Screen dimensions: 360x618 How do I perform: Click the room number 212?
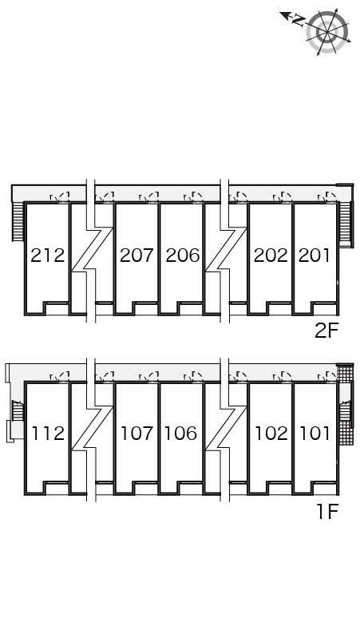[x=48, y=256]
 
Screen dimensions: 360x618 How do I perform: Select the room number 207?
[x=136, y=256]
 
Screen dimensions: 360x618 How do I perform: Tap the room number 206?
[x=182, y=256]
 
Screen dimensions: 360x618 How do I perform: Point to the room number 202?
[x=271, y=256]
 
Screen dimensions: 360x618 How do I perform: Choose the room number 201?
[x=315, y=256]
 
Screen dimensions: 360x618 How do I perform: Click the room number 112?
[x=48, y=434]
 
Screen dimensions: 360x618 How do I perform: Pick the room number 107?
[x=136, y=434]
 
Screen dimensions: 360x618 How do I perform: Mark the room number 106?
[x=180, y=434]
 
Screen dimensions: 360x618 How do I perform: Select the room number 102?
[x=271, y=434]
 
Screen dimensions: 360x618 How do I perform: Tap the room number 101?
[x=315, y=434]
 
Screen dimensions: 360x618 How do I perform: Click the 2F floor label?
[x=326, y=331]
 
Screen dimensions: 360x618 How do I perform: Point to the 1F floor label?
[x=328, y=512]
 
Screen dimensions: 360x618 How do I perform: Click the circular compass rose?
[x=328, y=31]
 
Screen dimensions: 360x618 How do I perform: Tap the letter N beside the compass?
[x=299, y=20]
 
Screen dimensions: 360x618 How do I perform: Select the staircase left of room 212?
[x=18, y=221]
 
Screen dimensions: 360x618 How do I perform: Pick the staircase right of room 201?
[x=345, y=224]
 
